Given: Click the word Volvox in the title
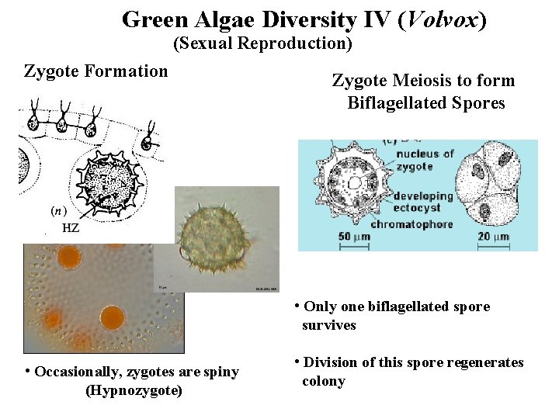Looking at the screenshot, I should pyautogui.click(x=440, y=19).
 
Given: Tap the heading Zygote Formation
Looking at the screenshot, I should pyautogui.click(x=96, y=71).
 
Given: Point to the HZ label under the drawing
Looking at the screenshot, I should pyautogui.click(x=71, y=228).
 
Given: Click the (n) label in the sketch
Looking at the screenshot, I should pyautogui.click(x=57, y=210).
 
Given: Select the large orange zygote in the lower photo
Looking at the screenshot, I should pyautogui.click(x=113, y=318).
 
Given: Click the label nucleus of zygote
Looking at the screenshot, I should pyautogui.click(x=425, y=160).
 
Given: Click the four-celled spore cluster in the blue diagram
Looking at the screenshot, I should pyautogui.click(x=494, y=189).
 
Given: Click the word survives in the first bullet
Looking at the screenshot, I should pyautogui.click(x=329, y=325).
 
